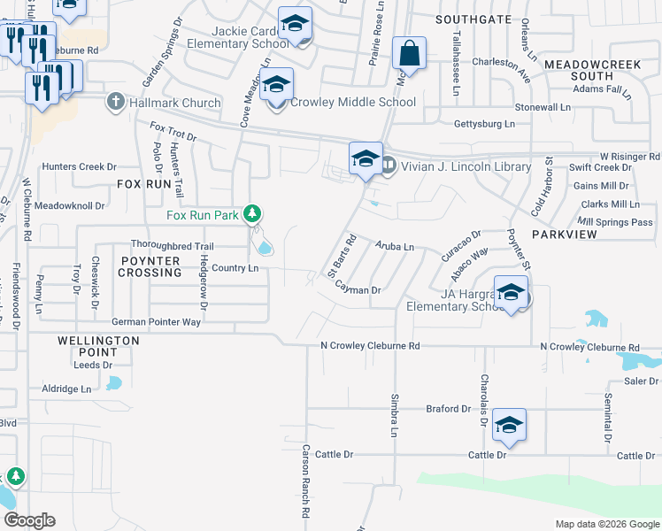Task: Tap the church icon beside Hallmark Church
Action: coord(113,102)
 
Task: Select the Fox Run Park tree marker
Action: coord(252,213)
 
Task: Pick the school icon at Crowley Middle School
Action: coord(277,86)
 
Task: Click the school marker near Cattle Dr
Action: coord(509,426)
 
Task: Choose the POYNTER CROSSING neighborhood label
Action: coord(150,267)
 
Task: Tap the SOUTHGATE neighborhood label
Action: coord(473,19)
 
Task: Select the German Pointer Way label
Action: coord(156,322)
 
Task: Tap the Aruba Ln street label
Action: coord(395,246)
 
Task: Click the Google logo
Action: coord(29,520)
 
